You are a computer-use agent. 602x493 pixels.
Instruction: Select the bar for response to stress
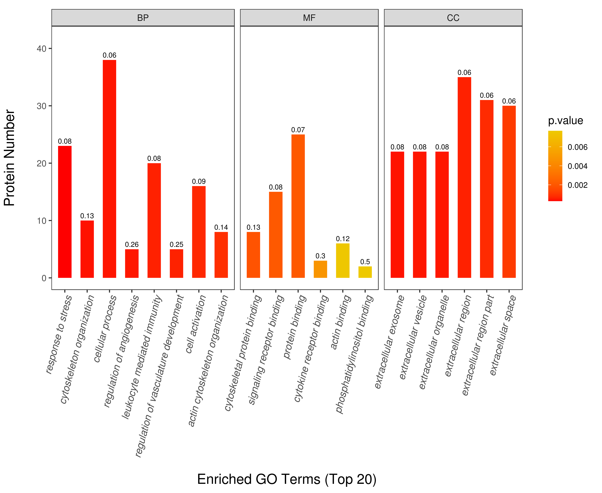[x=65, y=212]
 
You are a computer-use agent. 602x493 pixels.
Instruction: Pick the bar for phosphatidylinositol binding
[x=365, y=272]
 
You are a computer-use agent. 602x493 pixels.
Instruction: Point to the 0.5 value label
[x=365, y=262]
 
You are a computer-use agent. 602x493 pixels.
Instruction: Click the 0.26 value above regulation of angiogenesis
[x=132, y=244]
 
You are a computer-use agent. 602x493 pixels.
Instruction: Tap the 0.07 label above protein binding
[x=298, y=130]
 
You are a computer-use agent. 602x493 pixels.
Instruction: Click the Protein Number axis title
[x=9, y=158]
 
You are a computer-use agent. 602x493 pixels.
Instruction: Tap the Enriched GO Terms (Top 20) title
[x=287, y=479]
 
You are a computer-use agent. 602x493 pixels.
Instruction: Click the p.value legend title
[x=565, y=121]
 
